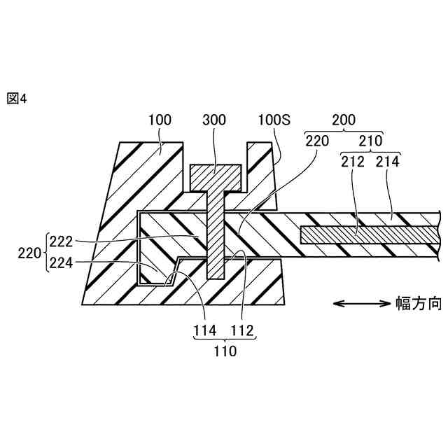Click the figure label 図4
click(16, 99)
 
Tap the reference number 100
click(160, 120)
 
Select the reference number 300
click(214, 120)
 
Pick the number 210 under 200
click(371, 140)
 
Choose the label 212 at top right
click(353, 160)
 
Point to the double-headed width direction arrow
click(360, 303)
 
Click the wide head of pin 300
click(216, 175)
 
